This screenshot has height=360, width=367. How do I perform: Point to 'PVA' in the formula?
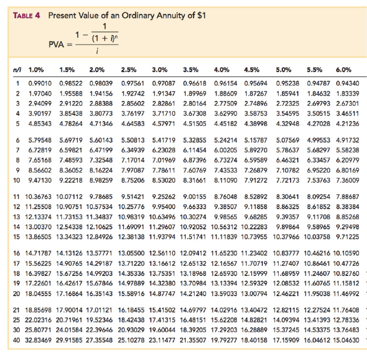57,44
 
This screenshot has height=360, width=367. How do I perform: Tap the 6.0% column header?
344,69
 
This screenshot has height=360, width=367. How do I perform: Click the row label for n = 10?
17,180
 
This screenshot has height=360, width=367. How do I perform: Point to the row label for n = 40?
17,341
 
